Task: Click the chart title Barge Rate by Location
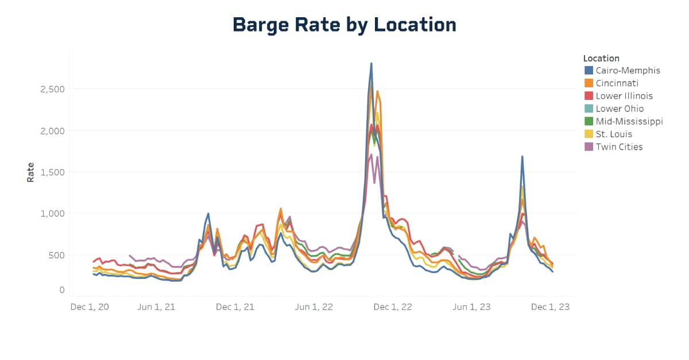pos(344,25)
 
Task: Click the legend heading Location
pos(601,58)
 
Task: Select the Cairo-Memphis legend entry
pos(628,71)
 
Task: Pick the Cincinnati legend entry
pos(617,83)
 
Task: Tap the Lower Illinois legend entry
pos(624,96)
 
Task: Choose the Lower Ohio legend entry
pos(620,109)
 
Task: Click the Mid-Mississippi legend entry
pos(629,121)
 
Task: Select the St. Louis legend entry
pos(614,134)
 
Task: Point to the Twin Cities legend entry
pos(619,146)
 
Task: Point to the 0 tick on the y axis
pos(61,291)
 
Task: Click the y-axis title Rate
pos(30,172)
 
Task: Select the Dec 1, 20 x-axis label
pos(89,307)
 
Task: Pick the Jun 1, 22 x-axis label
pos(314,307)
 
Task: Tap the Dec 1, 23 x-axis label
pos(550,307)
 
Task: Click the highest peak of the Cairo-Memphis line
pos(371,64)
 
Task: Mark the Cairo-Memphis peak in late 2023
pos(522,157)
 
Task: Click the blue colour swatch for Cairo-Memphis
pos(589,71)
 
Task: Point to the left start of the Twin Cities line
pos(130,256)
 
